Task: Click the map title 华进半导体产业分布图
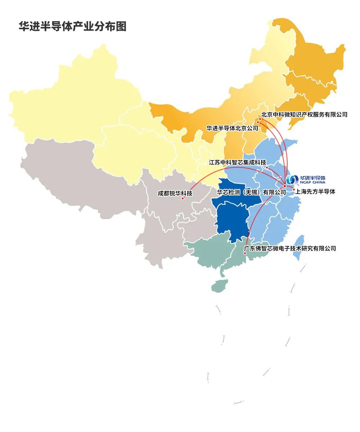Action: pyautogui.click(x=72, y=27)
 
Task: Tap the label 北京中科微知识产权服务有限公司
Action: pyautogui.click(x=305, y=114)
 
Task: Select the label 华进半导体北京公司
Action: pyautogui.click(x=232, y=128)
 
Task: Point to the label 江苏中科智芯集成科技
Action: pyautogui.click(x=238, y=162)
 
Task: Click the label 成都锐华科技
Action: pyautogui.click(x=175, y=193)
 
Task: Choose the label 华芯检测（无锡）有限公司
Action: pyautogui.click(x=251, y=192)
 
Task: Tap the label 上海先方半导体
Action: pyautogui.click(x=315, y=192)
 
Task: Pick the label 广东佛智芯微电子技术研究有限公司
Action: pyautogui.click(x=290, y=248)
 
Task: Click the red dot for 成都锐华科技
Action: pyautogui.click(x=183, y=198)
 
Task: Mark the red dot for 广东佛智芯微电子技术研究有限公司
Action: pyautogui.click(x=245, y=253)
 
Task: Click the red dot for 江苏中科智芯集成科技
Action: pyautogui.click(x=267, y=167)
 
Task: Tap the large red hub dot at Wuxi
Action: pyautogui.click(x=284, y=186)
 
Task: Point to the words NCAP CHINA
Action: pyautogui.click(x=312, y=183)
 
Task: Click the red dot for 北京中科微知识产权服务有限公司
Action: pyautogui.click(x=260, y=119)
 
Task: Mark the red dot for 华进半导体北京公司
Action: pyautogui.click(x=258, y=123)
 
